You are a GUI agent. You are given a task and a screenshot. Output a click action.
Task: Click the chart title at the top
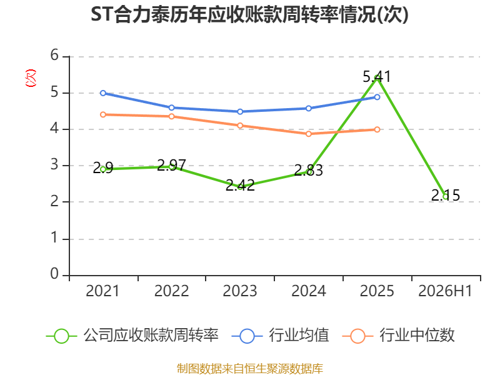coord(249,14)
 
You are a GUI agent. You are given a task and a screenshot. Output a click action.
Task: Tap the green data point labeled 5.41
coord(377,78)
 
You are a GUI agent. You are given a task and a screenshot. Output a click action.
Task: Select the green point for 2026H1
coord(446,197)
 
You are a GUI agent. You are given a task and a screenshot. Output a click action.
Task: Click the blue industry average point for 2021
coord(103,93)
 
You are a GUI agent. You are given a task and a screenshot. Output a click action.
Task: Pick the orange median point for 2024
coord(309,134)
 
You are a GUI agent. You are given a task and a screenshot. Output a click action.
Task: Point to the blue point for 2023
coord(240,112)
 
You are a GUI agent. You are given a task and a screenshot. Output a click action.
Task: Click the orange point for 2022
coord(171,116)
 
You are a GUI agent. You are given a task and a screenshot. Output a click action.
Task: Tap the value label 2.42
coord(240,185)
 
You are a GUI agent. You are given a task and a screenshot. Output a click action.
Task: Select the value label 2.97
coord(171,165)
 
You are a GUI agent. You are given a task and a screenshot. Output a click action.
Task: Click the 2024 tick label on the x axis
coord(309,291)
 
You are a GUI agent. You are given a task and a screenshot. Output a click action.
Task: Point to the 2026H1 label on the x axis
coord(445,291)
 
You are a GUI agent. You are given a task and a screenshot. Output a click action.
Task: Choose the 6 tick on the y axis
coord(54,56)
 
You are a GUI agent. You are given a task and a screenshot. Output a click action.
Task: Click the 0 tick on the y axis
coord(54,274)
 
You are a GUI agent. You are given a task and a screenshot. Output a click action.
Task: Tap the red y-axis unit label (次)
coord(31,78)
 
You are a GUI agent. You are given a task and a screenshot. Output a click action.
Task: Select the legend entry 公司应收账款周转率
coord(132,336)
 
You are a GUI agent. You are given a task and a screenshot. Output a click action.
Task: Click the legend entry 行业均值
coord(280,336)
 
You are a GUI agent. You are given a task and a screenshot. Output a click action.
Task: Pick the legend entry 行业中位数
coord(398,336)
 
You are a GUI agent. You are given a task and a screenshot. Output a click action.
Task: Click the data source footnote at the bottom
coord(250,369)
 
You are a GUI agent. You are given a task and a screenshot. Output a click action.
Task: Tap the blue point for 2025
coord(377,97)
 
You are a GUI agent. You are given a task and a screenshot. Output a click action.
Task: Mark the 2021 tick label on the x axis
coord(102,291)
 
